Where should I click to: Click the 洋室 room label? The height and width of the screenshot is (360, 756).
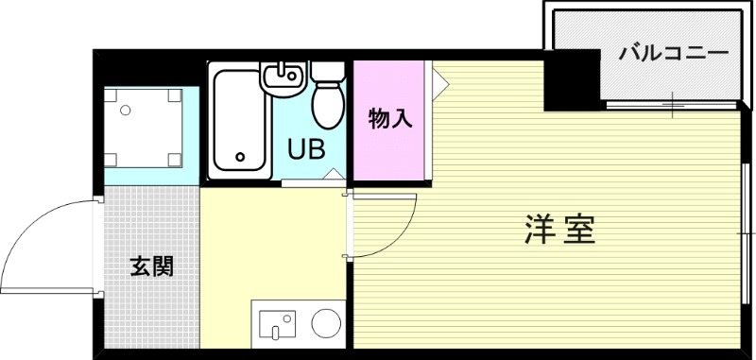[559, 230]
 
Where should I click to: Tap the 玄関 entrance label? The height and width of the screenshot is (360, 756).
[151, 266]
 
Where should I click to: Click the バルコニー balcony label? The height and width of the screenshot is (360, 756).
[674, 52]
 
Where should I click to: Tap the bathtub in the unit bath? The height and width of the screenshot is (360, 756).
[238, 122]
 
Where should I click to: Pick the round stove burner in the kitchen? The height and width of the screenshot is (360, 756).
[327, 322]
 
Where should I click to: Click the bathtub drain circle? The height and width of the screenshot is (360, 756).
[241, 157]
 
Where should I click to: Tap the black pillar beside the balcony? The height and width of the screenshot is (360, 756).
[573, 79]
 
